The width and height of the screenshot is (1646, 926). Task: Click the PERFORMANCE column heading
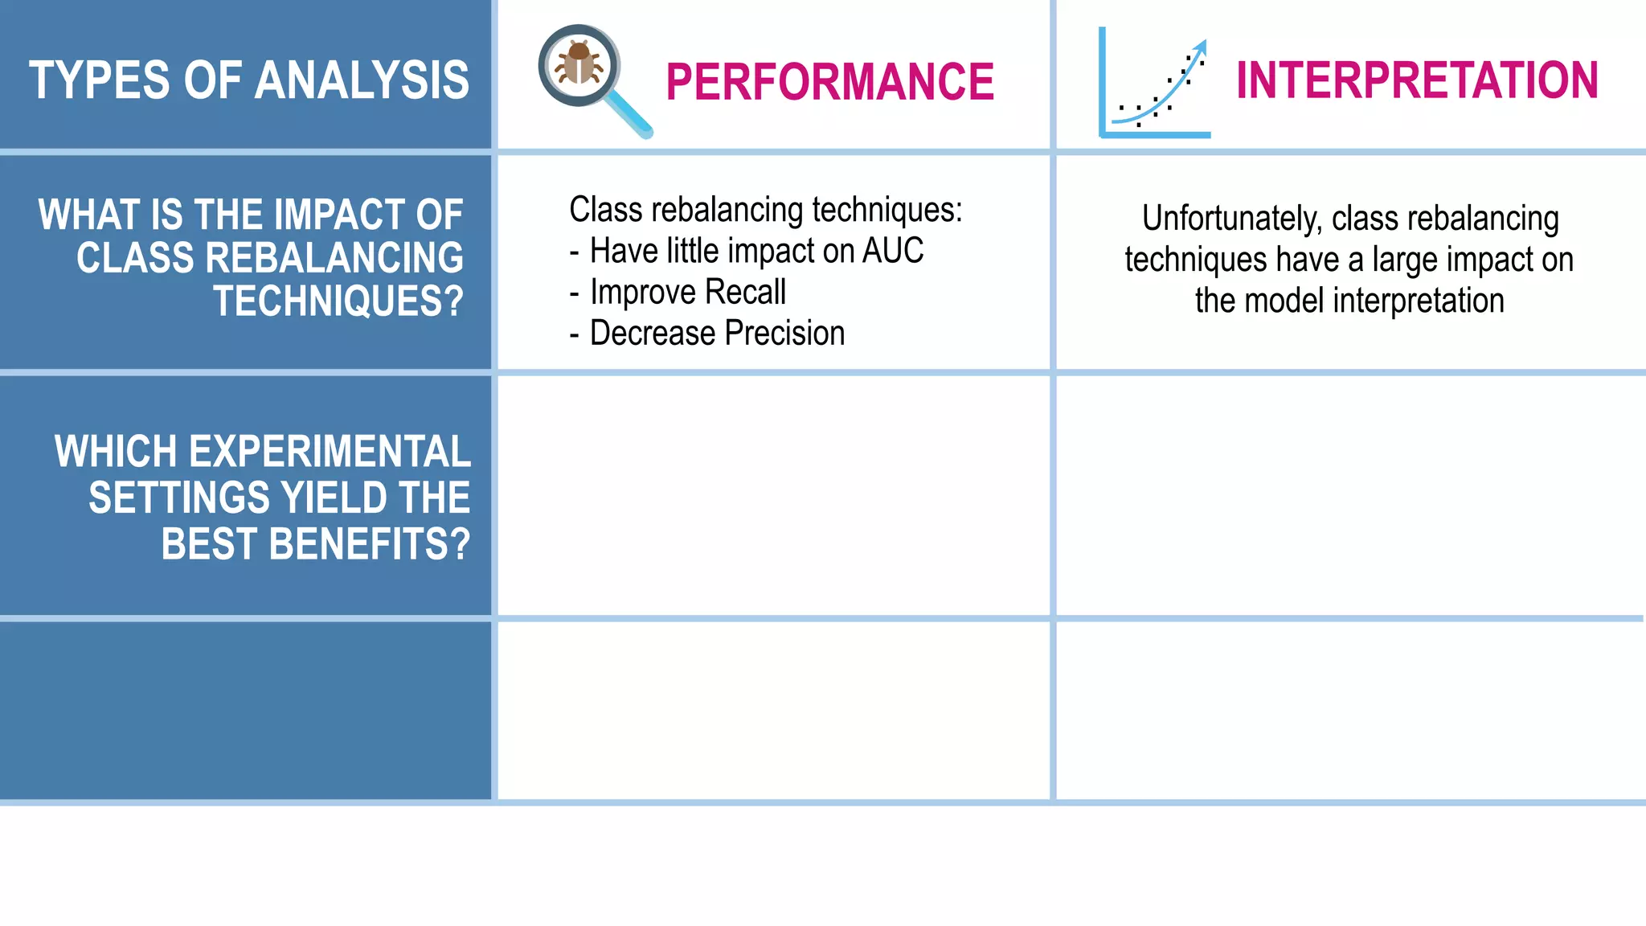[x=829, y=82]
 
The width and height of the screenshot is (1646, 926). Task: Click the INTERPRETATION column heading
[x=1417, y=80]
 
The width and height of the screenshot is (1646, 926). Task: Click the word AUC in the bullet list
[x=893, y=251]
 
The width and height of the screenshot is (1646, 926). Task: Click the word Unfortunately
[x=1231, y=219]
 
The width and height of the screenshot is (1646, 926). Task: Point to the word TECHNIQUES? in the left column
[x=338, y=301]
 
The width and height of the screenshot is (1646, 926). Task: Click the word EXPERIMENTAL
[x=330, y=452]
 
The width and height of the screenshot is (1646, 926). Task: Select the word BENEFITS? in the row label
[x=370, y=544]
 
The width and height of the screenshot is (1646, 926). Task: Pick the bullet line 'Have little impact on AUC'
[x=755, y=251]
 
